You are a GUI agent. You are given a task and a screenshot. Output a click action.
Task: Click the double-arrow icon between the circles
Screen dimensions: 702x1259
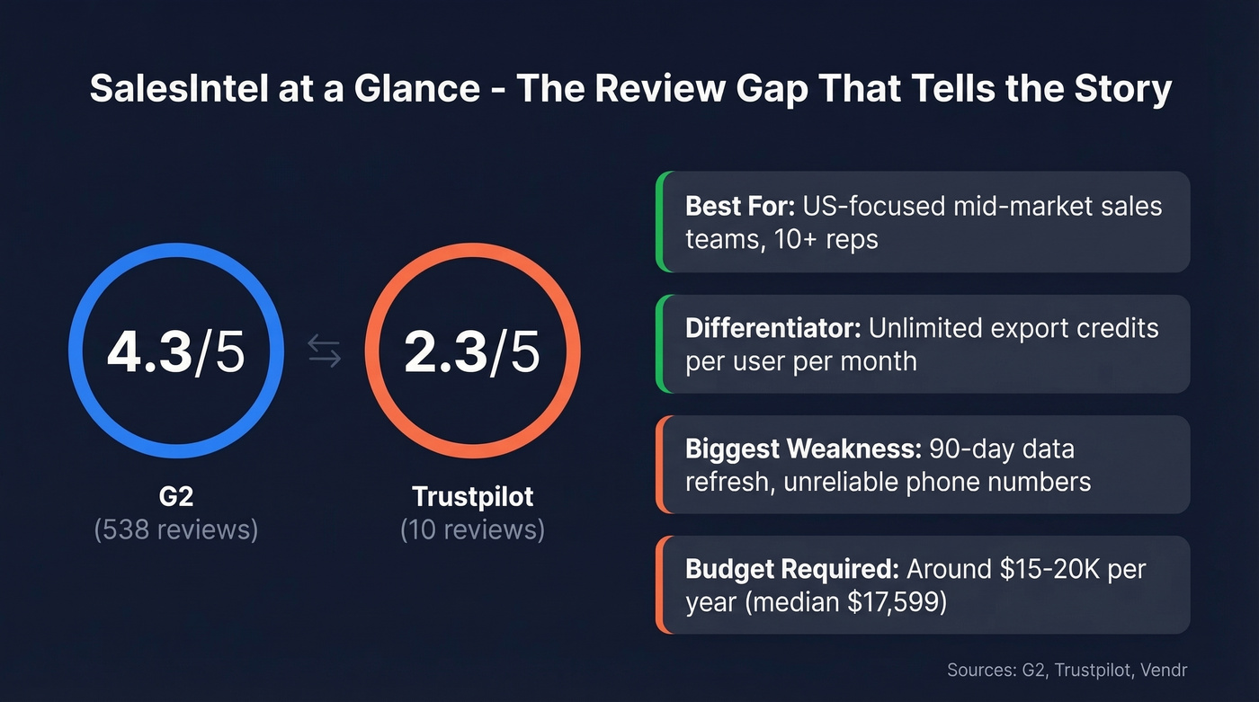click(325, 351)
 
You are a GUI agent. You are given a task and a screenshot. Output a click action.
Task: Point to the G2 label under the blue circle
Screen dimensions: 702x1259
click(175, 496)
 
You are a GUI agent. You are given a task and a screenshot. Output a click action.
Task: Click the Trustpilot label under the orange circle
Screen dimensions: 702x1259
click(472, 496)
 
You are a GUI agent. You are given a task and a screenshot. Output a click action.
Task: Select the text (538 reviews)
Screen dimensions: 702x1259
click(175, 529)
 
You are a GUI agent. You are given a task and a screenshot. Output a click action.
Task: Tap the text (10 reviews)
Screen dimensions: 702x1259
click(472, 529)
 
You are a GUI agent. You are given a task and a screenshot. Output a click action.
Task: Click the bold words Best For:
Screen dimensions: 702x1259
click(740, 206)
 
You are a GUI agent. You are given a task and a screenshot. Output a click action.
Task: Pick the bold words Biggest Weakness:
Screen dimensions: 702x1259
click(802, 449)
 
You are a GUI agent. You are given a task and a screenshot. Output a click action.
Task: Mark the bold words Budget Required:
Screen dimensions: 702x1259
click(791, 569)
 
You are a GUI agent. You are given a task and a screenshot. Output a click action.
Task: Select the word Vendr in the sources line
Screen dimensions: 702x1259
click(1169, 671)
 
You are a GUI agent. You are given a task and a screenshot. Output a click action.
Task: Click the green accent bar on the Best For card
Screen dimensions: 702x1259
click(660, 222)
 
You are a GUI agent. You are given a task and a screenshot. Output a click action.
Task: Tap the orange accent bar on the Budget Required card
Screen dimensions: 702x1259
click(660, 585)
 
